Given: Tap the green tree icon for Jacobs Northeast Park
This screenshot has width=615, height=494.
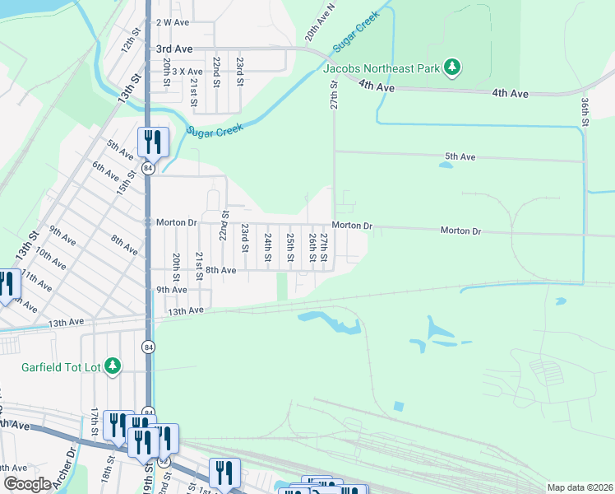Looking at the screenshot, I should tap(451, 67).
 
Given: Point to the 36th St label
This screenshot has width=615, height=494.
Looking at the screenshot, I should tap(585, 111).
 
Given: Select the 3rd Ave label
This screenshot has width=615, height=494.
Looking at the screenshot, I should tap(173, 50).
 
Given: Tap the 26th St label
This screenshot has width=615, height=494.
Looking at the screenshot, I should tap(312, 248).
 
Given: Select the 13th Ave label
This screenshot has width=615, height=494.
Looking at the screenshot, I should tap(185, 310).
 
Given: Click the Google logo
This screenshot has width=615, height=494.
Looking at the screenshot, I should tap(26, 484).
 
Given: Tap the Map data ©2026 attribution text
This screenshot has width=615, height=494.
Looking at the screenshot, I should tap(579, 487).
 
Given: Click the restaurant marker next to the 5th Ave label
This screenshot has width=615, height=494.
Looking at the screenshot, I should tap(153, 142).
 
